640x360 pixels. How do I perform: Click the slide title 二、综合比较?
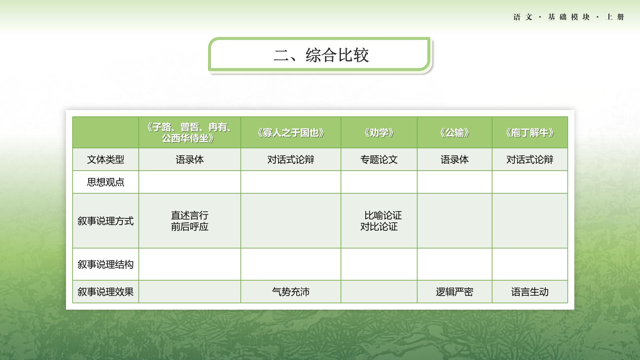[x=321, y=55]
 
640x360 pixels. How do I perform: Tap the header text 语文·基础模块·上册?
[x=569, y=17]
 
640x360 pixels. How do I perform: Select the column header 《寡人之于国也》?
[x=291, y=133]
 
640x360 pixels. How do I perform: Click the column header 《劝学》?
[x=379, y=133]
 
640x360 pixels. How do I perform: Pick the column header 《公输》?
[x=455, y=133]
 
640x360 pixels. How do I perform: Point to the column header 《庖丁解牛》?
[x=530, y=133]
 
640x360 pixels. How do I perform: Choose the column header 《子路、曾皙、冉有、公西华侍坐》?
[x=190, y=132]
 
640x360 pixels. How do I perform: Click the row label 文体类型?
[x=106, y=160]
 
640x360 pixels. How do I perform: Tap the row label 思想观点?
[x=106, y=182]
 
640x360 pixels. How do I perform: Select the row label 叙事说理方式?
[x=106, y=221]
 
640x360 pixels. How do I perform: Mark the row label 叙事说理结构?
[x=106, y=264]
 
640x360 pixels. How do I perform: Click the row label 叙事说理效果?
[x=106, y=292]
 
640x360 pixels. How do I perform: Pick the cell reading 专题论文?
[x=379, y=160]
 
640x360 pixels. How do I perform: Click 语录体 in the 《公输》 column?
[x=455, y=160]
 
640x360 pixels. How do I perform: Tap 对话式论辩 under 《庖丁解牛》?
[x=530, y=160]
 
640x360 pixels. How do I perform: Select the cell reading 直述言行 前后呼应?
[x=190, y=221]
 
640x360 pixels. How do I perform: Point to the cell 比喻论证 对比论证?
[x=381, y=221]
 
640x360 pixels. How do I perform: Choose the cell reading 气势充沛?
[x=291, y=292]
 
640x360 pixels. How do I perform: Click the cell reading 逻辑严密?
[x=455, y=292]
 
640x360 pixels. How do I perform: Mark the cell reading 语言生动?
[x=530, y=292]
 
